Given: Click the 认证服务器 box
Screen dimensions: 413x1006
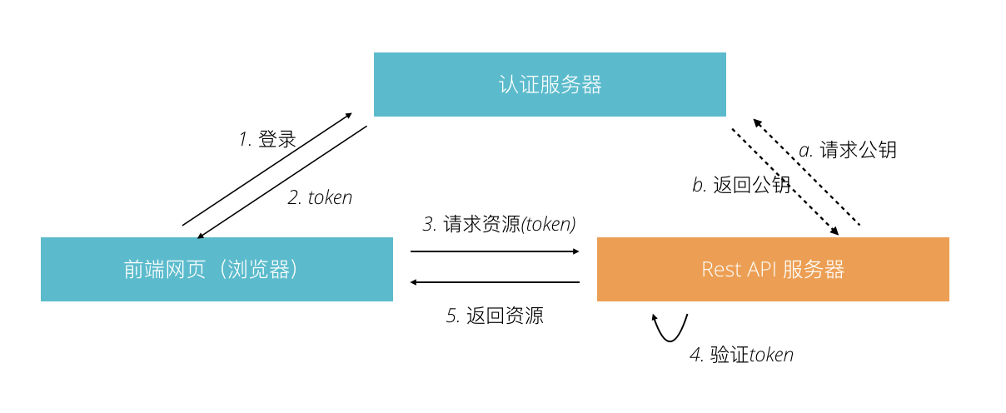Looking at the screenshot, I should click(x=550, y=84).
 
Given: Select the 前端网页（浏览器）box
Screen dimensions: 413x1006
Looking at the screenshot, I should click(x=217, y=269).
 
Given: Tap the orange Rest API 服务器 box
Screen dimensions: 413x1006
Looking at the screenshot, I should click(x=773, y=269).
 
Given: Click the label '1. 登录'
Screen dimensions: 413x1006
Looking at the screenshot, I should click(x=267, y=139).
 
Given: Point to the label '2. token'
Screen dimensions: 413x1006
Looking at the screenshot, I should click(x=320, y=197).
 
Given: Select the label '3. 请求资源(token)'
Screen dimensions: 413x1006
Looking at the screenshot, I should click(x=499, y=223).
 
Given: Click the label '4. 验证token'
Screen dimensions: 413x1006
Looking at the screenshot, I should click(x=741, y=355).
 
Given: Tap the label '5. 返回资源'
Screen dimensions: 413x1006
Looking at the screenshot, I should click(x=495, y=316).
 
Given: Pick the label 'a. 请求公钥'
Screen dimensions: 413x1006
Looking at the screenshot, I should click(x=847, y=150).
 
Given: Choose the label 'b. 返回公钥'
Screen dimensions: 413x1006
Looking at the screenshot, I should click(x=740, y=185).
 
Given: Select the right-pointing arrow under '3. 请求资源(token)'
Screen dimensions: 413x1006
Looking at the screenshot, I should click(x=495, y=251).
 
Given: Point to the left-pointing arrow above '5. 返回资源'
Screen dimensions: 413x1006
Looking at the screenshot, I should click(x=495, y=282).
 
